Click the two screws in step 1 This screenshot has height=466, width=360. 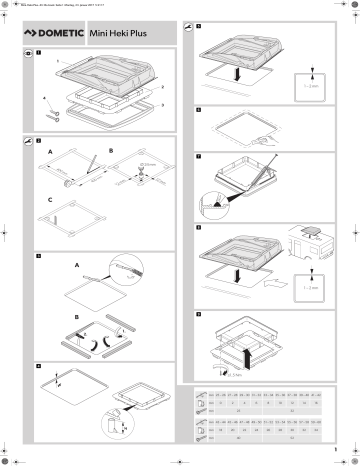tap(53, 114)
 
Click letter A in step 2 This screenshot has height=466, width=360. tap(50, 153)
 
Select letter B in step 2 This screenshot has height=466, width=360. tap(111, 153)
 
